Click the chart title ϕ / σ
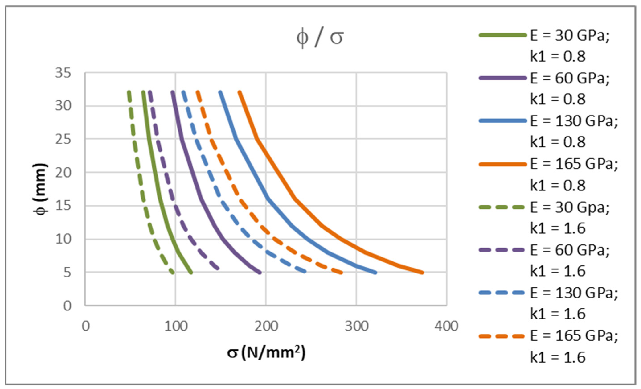pyautogui.click(x=320, y=38)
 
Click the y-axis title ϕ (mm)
pyautogui.click(x=41, y=189)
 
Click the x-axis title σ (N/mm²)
pyautogui.click(x=266, y=353)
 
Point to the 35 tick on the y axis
pyautogui.click(x=63, y=73)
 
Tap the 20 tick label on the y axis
pyautogui.click(x=63, y=173)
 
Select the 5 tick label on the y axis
pyautogui.click(x=67, y=272)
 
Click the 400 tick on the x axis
pyautogui.click(x=446, y=326)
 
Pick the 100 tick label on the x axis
pyautogui.click(x=176, y=326)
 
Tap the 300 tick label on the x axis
pyautogui.click(x=357, y=326)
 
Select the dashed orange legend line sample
pyautogui.click(x=502, y=336)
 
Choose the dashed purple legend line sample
pyautogui.click(x=502, y=250)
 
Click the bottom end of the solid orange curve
pyautogui.click(x=422, y=272)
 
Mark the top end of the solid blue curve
pyautogui.click(x=221, y=92)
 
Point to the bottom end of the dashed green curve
pyautogui.click(x=172, y=272)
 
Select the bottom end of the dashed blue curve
pyautogui.click(x=305, y=272)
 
